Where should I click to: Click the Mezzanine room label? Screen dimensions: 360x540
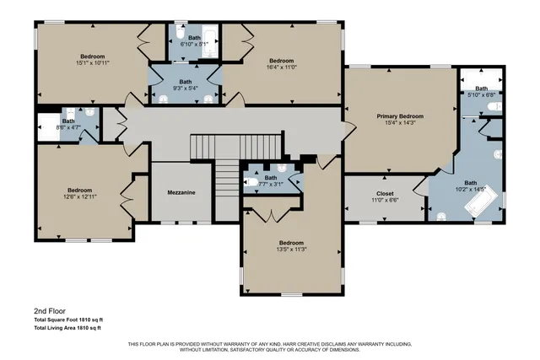pos(181,193)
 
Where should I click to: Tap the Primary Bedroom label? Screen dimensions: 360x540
pos(400,116)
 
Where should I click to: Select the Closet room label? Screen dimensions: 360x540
pos(384,193)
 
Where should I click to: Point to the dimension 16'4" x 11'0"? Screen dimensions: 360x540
pos(281,67)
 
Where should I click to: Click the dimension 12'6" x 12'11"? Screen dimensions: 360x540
pos(80,196)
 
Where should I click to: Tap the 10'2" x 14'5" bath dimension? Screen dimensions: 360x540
pos(471,190)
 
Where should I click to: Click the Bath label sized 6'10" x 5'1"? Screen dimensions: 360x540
pos(194,38)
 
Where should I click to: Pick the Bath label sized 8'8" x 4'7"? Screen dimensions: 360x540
pos(68,121)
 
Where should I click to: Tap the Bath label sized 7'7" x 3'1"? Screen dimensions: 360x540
pos(271,177)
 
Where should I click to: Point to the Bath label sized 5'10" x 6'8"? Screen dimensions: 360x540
pos(481,89)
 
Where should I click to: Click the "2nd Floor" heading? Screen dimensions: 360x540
pos(50,311)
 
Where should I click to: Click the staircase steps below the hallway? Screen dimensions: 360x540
pos(224,180)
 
